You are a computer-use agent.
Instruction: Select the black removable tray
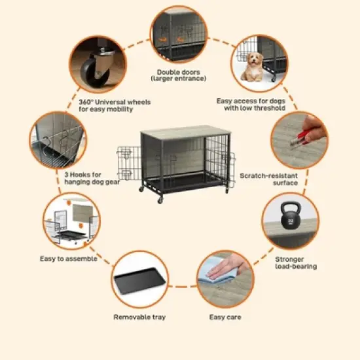tap(138, 284)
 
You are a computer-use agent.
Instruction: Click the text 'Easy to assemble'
tap(68, 259)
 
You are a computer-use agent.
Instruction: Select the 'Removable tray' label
tap(139, 317)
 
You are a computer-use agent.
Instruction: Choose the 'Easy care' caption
tap(225, 317)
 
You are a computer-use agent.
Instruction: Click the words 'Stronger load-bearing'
tap(296, 263)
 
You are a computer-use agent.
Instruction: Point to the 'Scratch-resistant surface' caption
tap(269, 179)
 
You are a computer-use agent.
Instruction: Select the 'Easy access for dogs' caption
tap(250, 105)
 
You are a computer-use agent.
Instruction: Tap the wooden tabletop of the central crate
tap(185, 130)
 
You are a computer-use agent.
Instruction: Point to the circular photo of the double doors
tap(179, 32)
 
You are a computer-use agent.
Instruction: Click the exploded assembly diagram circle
tap(71, 223)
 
